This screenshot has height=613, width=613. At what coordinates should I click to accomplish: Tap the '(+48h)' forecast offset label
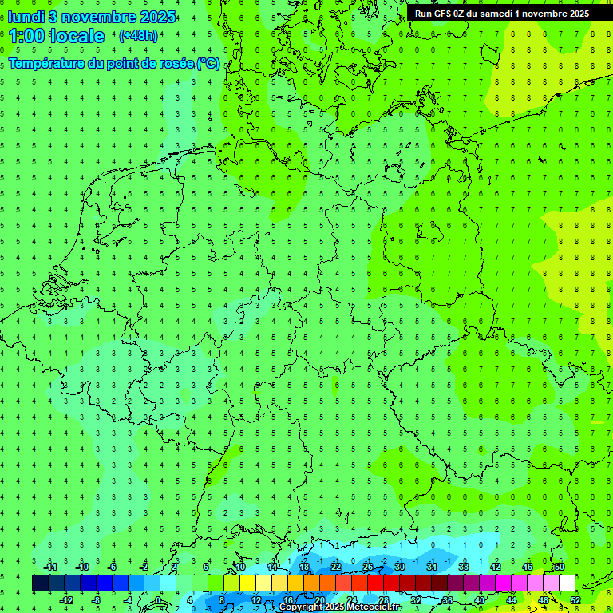tap(138, 36)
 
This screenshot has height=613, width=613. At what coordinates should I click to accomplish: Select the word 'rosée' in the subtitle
tap(176, 63)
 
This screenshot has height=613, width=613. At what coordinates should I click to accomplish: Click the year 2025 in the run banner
tap(574, 14)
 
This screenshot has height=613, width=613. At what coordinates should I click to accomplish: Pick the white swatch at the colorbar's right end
tap(568, 583)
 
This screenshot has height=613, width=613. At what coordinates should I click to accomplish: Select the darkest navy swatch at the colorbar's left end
tap(41, 583)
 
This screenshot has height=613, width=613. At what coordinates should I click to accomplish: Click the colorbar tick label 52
tap(575, 600)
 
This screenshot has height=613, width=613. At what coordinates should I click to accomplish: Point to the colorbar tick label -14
tap(50, 567)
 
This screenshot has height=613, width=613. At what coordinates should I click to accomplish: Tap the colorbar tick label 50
tap(559, 567)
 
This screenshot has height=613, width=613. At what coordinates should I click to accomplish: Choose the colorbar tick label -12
tap(66, 600)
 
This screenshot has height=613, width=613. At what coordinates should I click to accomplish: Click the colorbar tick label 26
tap(368, 567)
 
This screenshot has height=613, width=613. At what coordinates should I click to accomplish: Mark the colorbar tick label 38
tap(464, 567)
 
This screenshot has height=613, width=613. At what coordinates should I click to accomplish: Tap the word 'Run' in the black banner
tap(423, 14)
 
